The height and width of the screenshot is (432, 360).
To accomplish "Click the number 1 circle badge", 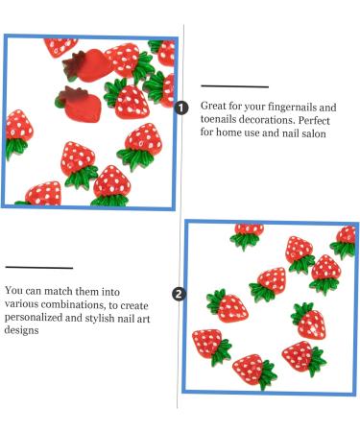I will (x=182, y=107).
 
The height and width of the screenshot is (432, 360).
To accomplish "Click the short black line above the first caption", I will (x=234, y=86).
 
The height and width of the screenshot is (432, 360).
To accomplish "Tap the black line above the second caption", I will (x=38, y=268).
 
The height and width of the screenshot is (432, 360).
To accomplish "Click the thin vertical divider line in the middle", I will (x=179, y=192).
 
